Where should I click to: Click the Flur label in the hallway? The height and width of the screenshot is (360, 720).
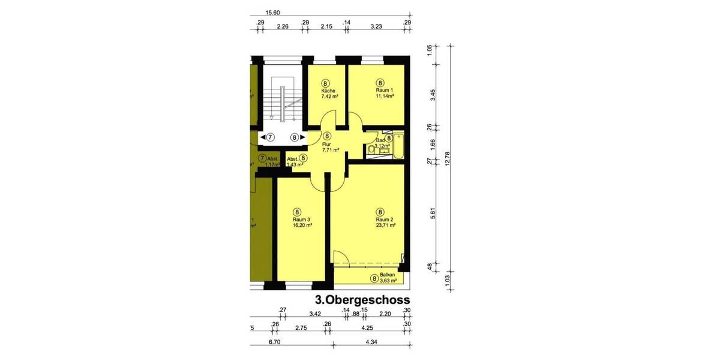tap(327, 145)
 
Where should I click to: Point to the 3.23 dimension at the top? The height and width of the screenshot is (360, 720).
tap(376, 27)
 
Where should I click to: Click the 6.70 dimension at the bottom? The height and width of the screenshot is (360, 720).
tap(275, 343)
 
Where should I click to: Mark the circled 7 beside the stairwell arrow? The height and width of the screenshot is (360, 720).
tap(270, 137)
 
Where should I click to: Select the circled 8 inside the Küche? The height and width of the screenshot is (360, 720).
tap(326, 83)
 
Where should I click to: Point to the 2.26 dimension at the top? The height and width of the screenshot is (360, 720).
tap(283, 27)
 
